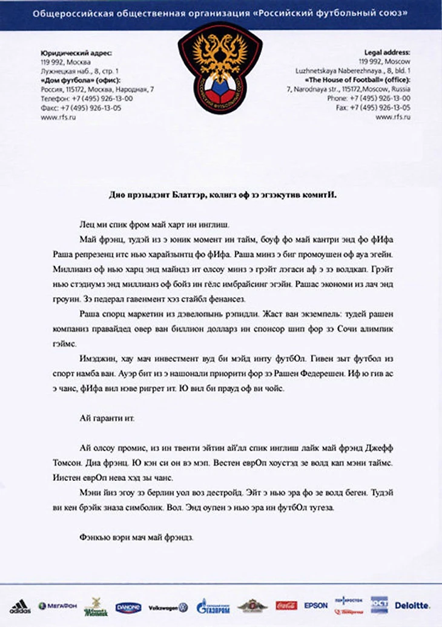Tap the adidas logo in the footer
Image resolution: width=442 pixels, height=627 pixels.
(19, 606)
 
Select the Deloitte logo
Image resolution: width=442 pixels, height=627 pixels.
(412, 605)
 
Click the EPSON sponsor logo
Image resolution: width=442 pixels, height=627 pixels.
(316, 605)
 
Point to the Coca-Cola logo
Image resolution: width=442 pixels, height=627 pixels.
(286, 605)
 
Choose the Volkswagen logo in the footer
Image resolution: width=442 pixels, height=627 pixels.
(168, 606)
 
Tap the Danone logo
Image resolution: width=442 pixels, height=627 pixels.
(128, 606)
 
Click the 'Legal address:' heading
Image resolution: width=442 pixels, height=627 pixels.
(388, 53)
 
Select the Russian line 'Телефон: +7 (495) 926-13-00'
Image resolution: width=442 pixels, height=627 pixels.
(86, 98)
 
